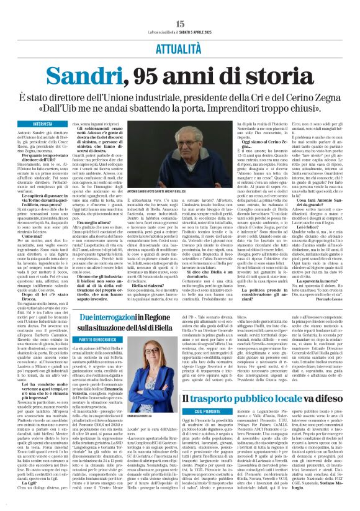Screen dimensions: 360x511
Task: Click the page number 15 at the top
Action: pos(180,23)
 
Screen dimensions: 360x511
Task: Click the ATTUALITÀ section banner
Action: pos(180,47)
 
